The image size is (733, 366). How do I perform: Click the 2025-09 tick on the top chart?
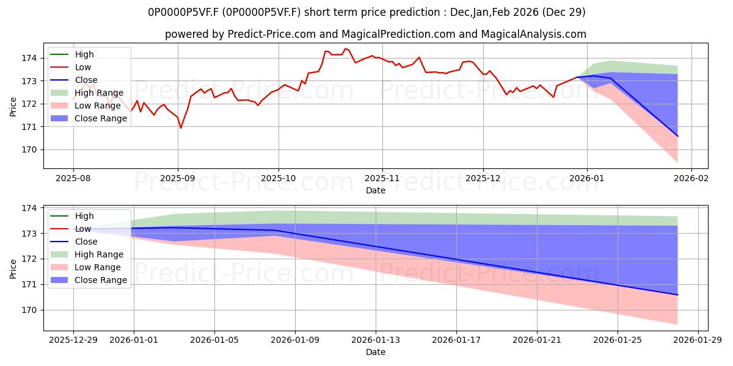178,179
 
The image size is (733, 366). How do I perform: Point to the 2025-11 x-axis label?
382,179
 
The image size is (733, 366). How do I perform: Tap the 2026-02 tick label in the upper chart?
691,179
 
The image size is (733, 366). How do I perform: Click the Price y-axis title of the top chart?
13,106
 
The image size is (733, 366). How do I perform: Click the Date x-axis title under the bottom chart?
375,352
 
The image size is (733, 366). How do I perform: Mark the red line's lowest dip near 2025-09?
181,128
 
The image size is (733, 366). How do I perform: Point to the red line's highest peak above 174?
345,48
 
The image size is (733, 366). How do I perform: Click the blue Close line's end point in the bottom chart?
677,295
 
